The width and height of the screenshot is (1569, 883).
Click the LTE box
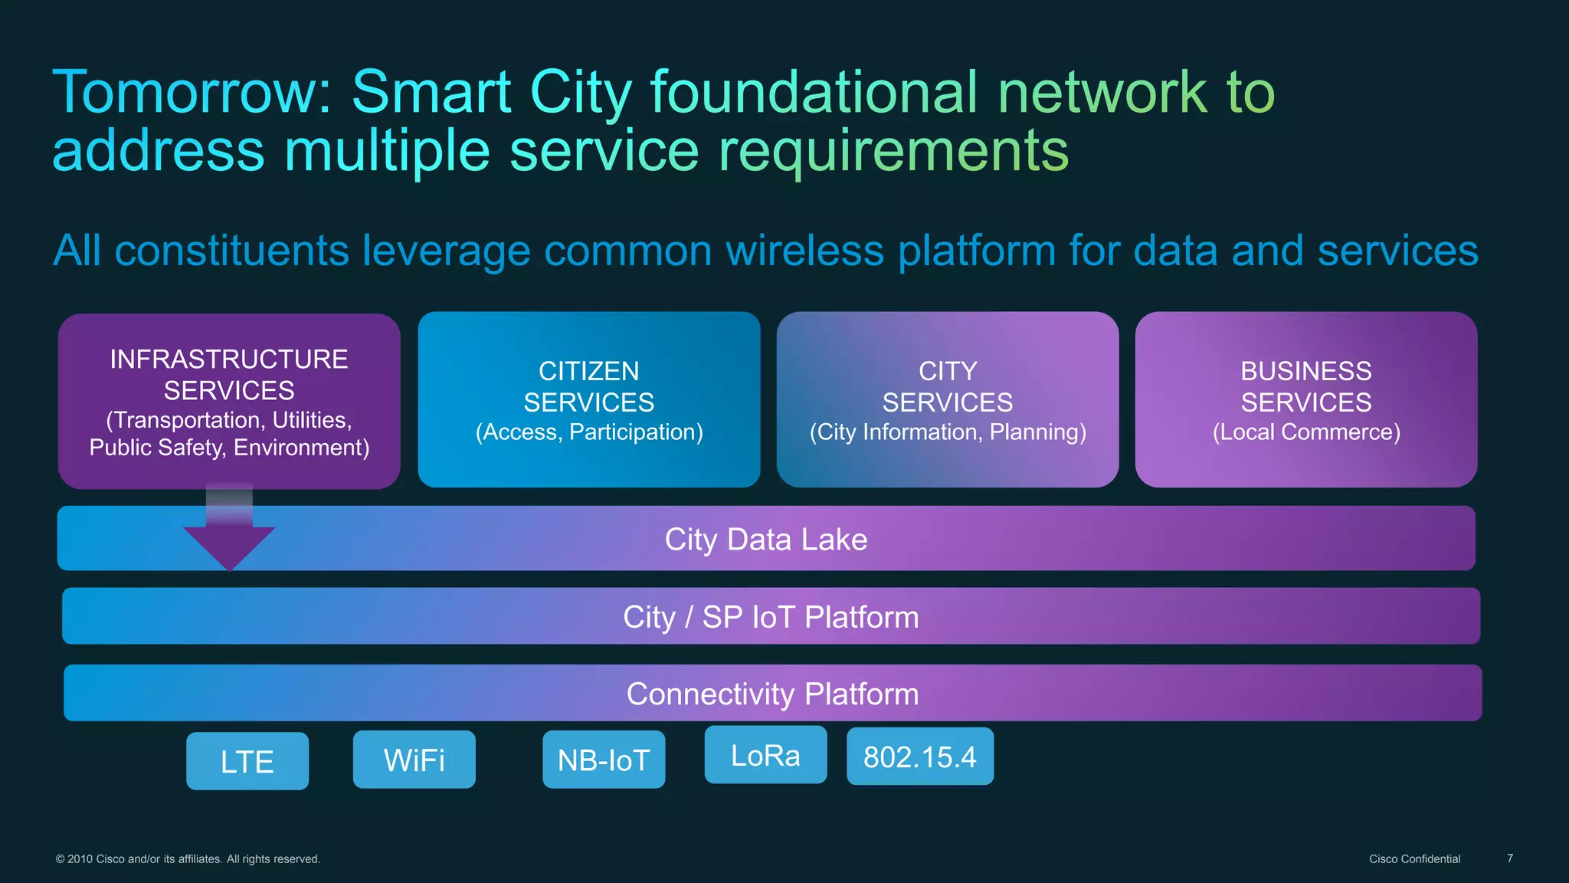coord(247,761)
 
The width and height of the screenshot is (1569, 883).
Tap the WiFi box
coord(414,760)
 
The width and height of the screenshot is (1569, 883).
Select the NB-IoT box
coord(604,760)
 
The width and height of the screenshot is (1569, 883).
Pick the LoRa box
coord(765,755)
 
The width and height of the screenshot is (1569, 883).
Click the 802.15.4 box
coord(919,757)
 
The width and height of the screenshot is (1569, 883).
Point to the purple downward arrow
coord(229,540)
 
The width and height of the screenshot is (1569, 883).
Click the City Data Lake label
coord(765,539)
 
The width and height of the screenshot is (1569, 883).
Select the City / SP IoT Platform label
coord(770,617)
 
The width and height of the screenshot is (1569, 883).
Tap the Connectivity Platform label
coord(772,694)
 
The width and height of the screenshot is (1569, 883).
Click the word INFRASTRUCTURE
coord(228,359)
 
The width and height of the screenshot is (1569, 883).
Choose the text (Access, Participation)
coord(588,432)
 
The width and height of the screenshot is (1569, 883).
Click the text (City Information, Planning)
coord(948,432)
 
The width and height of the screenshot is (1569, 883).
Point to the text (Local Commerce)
coord(1305,432)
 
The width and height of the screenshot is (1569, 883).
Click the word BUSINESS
coord(1305,371)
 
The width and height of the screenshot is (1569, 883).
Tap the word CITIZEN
coord(588,371)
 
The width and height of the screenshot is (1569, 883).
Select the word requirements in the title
coord(893,150)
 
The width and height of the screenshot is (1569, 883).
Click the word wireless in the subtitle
coord(804,251)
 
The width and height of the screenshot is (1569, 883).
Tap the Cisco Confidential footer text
coord(1414,858)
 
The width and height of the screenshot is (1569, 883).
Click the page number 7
coord(1509,858)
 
